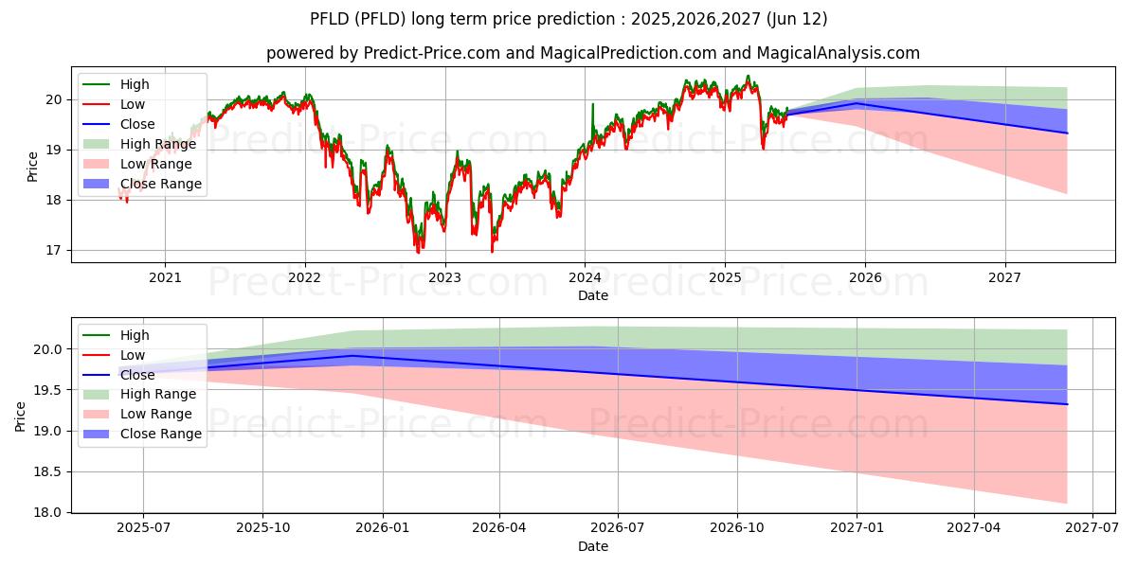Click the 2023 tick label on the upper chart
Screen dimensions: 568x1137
click(x=444, y=277)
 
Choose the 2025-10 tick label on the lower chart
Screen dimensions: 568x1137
click(x=262, y=528)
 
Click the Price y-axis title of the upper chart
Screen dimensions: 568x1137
click(x=33, y=166)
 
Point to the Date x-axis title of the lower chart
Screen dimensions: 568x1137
click(x=593, y=546)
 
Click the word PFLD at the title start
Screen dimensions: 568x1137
click(x=328, y=19)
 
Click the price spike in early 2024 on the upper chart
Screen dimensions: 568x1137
click(x=593, y=104)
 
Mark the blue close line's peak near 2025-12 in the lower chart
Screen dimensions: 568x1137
click(x=352, y=356)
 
